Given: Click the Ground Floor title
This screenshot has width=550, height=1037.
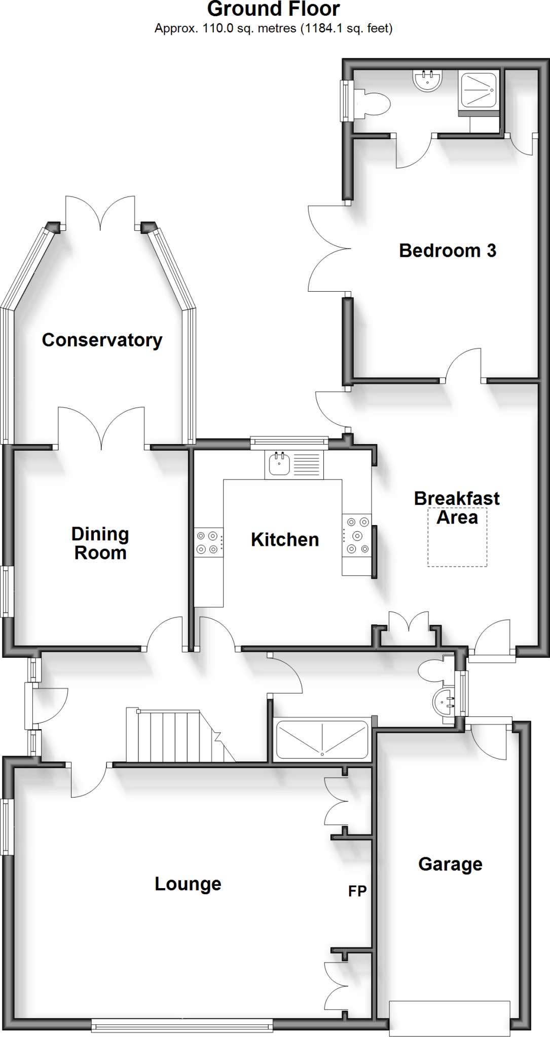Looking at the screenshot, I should (273, 9).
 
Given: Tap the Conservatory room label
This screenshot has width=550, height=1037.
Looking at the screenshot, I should (102, 340).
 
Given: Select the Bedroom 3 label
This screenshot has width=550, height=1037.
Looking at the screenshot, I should (447, 251).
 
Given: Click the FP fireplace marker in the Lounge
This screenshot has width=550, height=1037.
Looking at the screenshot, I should (357, 891).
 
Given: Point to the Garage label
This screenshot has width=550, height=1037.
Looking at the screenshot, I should (450, 864).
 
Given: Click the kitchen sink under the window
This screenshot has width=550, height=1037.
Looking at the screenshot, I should (279, 464).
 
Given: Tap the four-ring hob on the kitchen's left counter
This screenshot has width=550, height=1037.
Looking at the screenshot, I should (208, 542).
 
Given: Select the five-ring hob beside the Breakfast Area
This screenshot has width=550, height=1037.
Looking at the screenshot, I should (357, 536).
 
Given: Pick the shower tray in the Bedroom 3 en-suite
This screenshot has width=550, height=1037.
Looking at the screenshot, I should (478, 90).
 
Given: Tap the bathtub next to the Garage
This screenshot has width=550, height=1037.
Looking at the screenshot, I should (322, 740).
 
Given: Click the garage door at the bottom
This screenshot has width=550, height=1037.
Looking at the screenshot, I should (450, 1018).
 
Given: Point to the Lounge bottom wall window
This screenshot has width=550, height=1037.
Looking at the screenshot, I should (182, 1026).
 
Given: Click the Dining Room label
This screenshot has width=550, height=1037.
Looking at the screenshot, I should (100, 543).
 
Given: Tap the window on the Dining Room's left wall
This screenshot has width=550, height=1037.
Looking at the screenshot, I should (6, 591).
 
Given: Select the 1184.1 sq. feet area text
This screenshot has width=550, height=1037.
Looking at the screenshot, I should (347, 28).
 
